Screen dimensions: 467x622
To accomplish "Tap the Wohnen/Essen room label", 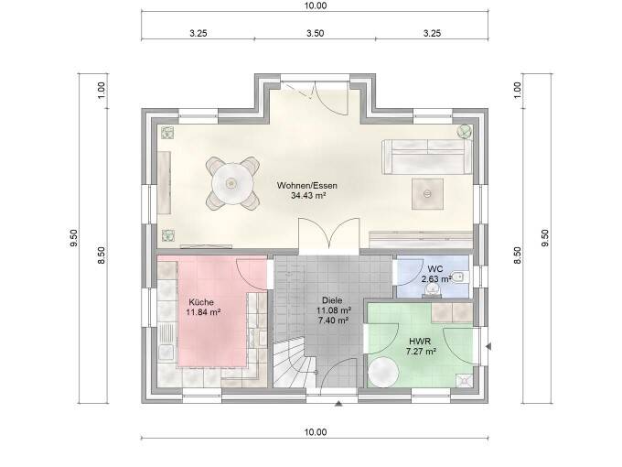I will click(x=302, y=185).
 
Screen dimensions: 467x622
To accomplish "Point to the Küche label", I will click(x=201, y=301).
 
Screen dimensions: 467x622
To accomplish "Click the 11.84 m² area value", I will click(x=203, y=312).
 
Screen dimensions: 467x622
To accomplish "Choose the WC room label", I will click(x=435, y=268).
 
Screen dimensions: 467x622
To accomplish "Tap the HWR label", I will click(x=421, y=340).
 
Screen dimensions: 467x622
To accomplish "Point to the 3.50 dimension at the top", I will click(x=314, y=32).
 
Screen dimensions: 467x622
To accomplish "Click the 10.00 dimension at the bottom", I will click(x=314, y=432).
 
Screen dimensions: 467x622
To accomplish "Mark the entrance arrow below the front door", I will click(x=339, y=403).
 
